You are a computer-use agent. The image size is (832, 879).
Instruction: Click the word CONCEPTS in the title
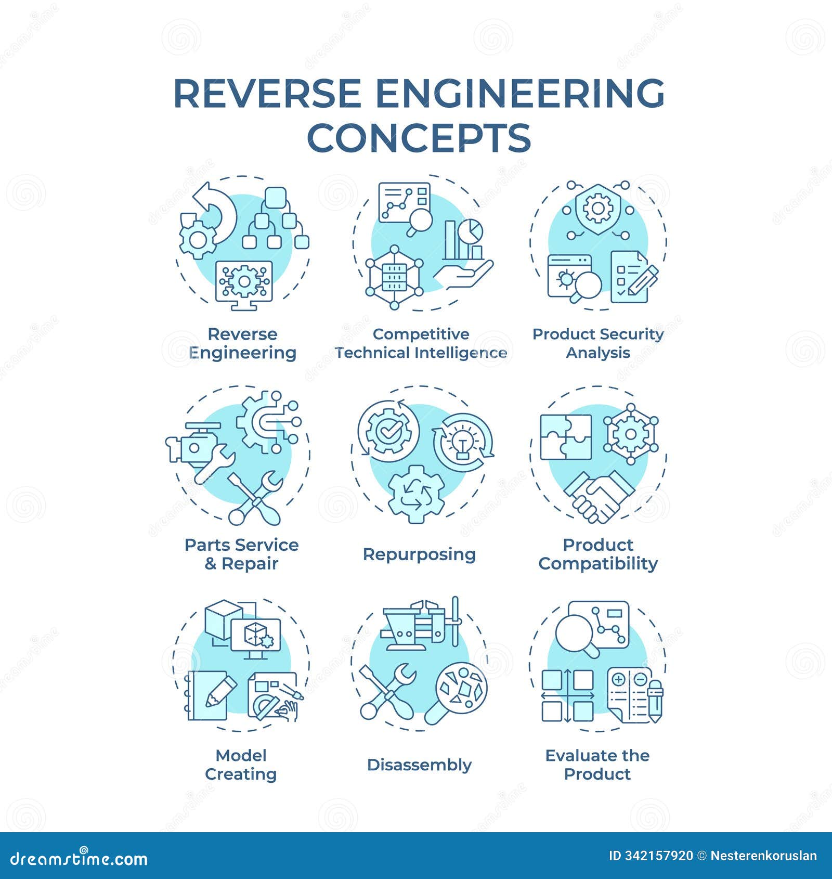(x=419, y=137)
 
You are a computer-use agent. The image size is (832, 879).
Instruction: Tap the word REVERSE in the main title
(x=267, y=94)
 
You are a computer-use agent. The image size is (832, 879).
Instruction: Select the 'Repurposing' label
(x=419, y=554)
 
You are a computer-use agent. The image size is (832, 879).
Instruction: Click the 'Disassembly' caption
(x=419, y=765)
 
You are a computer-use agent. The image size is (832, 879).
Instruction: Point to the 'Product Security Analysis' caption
(x=598, y=343)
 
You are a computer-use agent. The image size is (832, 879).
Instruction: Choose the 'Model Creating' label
(x=241, y=765)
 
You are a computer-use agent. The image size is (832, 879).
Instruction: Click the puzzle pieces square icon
(x=566, y=437)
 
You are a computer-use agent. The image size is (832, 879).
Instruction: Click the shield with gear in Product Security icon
(x=598, y=208)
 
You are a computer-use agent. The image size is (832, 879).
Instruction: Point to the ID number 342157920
(x=651, y=856)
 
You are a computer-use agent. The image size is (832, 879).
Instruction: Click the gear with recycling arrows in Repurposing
(x=417, y=495)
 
